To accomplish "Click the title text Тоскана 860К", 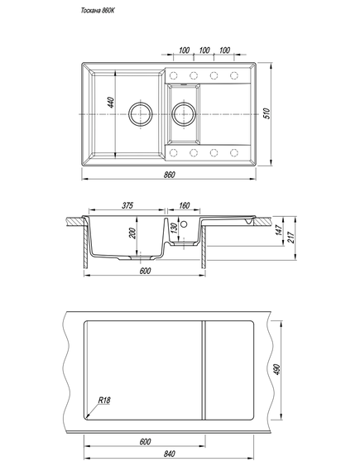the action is tap(98, 11).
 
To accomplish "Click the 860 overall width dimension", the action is tap(170, 175).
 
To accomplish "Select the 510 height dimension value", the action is tap(267, 113).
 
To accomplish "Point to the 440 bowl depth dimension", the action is tap(111, 103).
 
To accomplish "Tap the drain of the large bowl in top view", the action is tap(141, 114).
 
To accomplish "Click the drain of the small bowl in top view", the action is tap(184, 114).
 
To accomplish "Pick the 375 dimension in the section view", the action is tap(127, 205).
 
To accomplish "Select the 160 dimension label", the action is tap(184, 205).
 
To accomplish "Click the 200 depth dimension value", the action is tap(132, 233).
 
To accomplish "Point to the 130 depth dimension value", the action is tap(174, 229).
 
